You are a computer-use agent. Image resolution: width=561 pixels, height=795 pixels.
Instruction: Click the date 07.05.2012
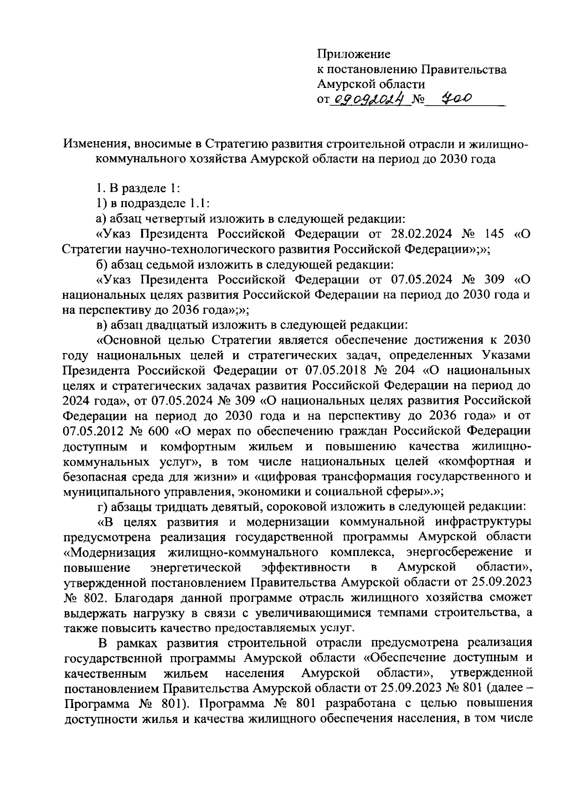click(92, 431)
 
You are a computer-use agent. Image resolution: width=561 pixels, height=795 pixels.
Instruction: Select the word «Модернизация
click(109, 553)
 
